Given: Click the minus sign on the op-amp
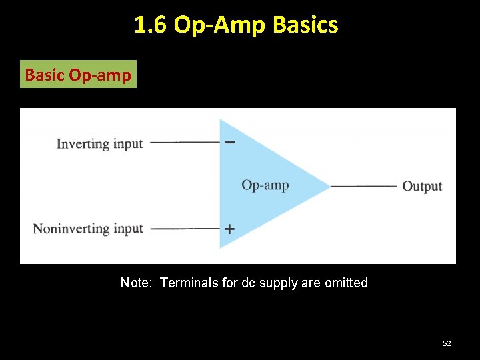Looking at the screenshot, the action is point(229,142).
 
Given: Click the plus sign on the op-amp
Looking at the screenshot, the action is point(229,229).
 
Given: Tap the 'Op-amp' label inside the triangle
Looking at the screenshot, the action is point(265,185).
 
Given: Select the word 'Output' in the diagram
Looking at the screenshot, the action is point(422,186).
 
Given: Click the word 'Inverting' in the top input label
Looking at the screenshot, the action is point(83,143).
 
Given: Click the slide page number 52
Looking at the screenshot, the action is point(447,343).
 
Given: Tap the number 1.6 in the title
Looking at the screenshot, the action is point(151,25).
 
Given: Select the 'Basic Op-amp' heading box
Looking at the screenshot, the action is point(78,75).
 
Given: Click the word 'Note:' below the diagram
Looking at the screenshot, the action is point(137,283).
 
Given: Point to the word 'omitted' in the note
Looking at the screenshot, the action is point(346,283).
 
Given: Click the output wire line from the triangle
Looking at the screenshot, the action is point(363,186).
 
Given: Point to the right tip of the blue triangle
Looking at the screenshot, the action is point(329,186).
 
